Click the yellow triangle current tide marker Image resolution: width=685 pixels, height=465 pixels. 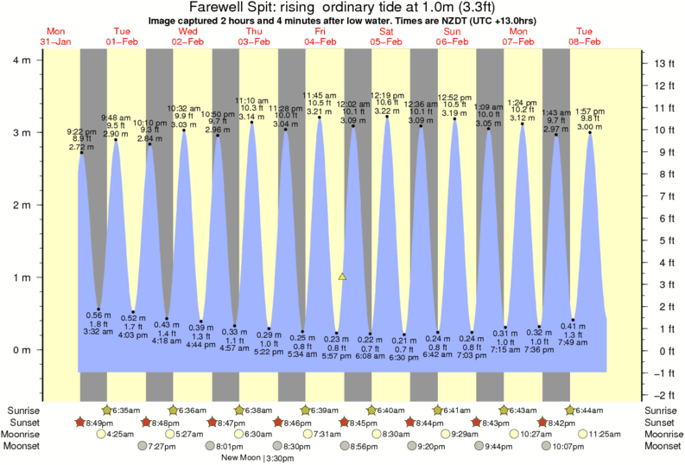343,277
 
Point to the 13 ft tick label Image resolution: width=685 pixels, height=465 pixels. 663,63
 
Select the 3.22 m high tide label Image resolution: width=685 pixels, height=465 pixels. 385,111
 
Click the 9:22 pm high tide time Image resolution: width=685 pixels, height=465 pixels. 82,131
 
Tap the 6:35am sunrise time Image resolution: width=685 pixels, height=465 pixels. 128,410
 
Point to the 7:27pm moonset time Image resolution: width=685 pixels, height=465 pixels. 162,446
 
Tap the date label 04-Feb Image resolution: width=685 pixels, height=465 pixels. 320,41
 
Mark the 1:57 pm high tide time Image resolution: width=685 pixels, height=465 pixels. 589,111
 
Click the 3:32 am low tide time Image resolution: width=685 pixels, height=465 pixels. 98,331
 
